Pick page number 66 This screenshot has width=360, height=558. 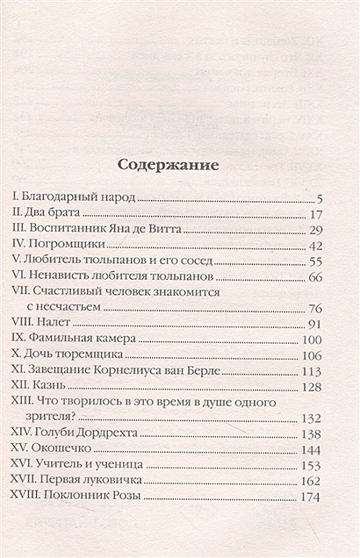tap(318, 277)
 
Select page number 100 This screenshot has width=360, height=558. tap(313, 340)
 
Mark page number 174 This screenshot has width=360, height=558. tap(314, 498)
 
